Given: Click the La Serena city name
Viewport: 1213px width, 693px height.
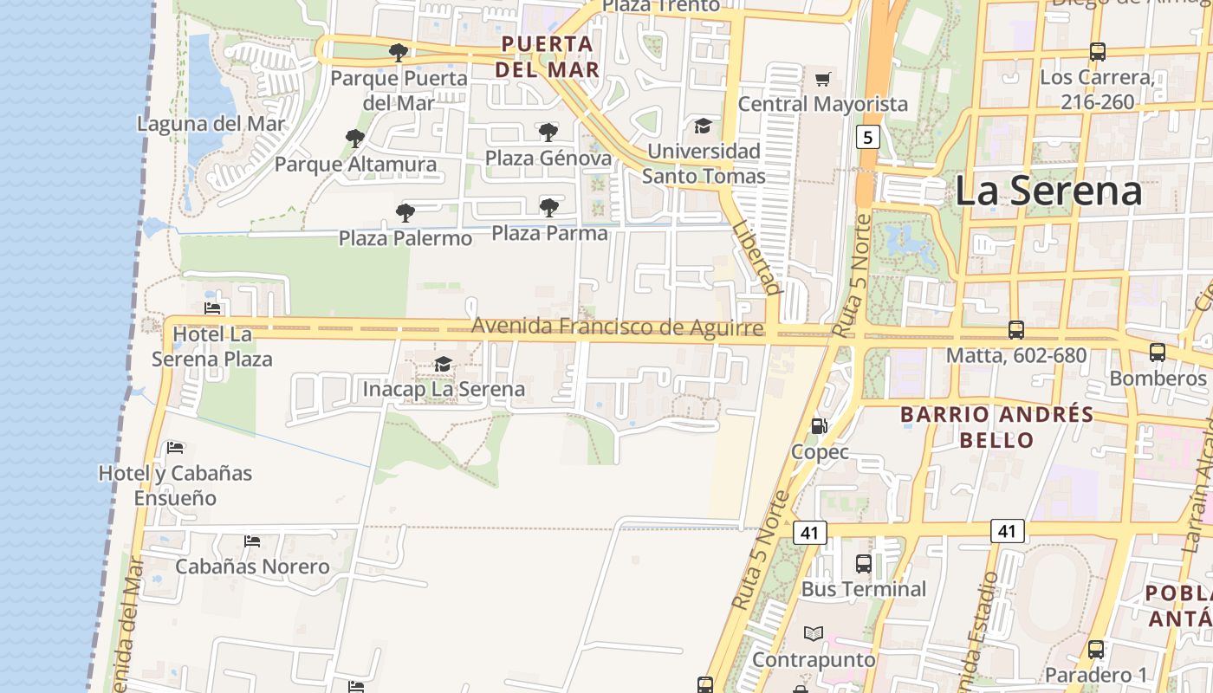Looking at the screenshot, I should click(x=1048, y=191).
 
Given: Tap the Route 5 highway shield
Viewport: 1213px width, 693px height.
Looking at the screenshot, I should click(x=867, y=137).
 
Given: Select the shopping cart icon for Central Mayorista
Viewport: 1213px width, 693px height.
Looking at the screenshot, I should click(x=822, y=80).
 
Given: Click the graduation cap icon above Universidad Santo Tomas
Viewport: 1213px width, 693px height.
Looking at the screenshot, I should click(x=703, y=126).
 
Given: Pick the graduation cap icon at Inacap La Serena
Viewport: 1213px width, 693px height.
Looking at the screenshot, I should click(x=443, y=364).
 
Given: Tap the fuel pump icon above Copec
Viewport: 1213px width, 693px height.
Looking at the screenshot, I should click(x=819, y=426).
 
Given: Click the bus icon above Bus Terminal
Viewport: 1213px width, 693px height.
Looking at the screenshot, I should click(x=863, y=564).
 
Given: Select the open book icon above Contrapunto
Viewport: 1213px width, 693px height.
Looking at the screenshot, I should click(x=813, y=634).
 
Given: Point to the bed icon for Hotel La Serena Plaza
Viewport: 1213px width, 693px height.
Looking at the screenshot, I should click(x=212, y=308).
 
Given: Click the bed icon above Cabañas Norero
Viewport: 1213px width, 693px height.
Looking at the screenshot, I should click(x=251, y=541).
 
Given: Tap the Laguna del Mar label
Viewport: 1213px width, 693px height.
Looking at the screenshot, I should click(x=211, y=124).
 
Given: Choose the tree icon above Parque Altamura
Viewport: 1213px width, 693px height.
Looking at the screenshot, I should click(x=354, y=139).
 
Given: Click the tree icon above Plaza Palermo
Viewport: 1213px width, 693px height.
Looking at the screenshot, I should click(x=405, y=213).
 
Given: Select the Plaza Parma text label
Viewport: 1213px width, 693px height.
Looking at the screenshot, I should click(x=549, y=233).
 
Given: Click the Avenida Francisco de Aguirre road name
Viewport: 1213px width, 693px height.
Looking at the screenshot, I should click(x=617, y=327).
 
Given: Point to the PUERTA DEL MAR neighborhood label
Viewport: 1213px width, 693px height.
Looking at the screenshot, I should click(x=548, y=56).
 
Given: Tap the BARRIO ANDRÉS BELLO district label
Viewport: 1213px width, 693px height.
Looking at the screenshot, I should click(x=996, y=427).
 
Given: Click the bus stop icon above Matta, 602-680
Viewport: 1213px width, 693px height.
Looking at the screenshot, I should click(x=1015, y=330).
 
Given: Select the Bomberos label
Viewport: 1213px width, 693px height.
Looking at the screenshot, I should click(x=1157, y=379).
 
